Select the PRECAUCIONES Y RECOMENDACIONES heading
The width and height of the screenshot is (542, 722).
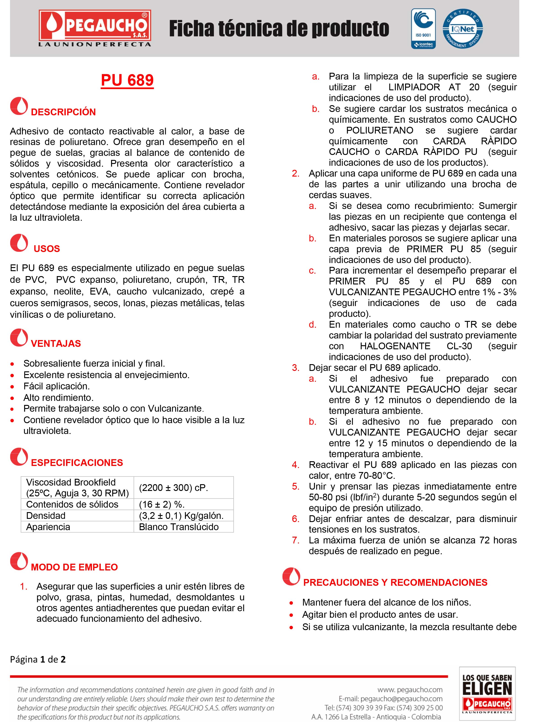click(395, 582)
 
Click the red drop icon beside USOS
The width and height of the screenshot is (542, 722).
click(19, 243)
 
